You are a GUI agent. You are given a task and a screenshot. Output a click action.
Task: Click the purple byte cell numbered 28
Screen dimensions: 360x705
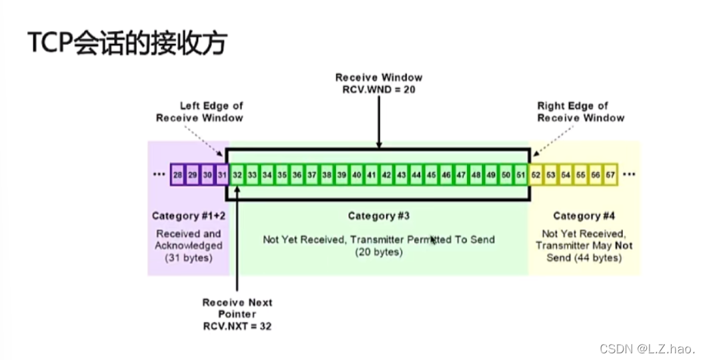point(177,174)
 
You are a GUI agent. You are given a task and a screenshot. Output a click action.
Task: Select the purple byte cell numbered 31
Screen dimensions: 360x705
point(222,174)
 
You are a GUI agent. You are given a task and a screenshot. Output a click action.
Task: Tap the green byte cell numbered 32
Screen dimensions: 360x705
point(237,174)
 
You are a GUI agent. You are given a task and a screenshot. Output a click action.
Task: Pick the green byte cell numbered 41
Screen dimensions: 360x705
point(372,174)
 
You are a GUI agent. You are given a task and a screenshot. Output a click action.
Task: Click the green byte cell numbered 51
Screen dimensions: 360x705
point(520,174)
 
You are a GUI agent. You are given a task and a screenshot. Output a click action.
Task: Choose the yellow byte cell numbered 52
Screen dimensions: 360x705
point(536,174)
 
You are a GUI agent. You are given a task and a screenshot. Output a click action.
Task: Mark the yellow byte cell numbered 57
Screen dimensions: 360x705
point(610,174)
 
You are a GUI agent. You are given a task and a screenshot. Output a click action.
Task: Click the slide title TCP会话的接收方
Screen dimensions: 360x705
point(127,43)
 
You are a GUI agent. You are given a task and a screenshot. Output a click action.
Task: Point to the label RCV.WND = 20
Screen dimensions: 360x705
point(378,89)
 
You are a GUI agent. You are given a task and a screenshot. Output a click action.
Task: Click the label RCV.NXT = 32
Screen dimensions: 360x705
point(237,327)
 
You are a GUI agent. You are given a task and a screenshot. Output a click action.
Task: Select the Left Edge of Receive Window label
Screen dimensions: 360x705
point(200,111)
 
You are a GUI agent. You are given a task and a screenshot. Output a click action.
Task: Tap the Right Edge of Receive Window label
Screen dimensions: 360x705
point(580,111)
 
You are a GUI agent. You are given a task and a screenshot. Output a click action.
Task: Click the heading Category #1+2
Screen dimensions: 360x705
point(189,216)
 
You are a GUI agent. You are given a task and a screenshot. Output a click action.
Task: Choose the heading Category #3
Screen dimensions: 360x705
point(378,216)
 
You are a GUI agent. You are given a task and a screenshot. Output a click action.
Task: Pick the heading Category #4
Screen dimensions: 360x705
point(584,216)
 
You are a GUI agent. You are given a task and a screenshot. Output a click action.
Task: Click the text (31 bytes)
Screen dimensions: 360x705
point(189,257)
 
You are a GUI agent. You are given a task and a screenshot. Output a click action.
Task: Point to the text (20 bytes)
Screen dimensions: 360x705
point(378,252)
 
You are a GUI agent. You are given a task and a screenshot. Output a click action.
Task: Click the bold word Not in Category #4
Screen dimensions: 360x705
point(624,245)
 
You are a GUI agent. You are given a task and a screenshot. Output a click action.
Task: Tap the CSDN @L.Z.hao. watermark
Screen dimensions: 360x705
point(647,349)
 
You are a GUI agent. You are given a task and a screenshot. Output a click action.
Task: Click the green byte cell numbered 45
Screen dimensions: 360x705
point(431,174)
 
